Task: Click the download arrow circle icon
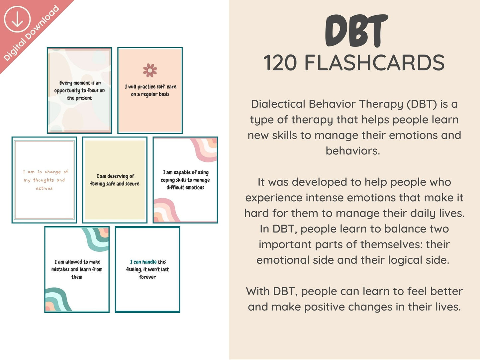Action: pyautogui.click(x=17, y=19)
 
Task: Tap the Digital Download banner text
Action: pyautogui.click(x=31, y=33)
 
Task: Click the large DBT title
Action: pyautogui.click(x=356, y=31)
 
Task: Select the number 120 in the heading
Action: pyautogui.click(x=280, y=63)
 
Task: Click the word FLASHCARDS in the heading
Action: pyautogui.click(x=374, y=63)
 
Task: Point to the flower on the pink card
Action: pyautogui.click(x=150, y=70)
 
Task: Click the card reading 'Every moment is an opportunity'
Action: pyautogui.click(x=79, y=90)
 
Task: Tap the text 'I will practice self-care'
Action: pyautogui.click(x=150, y=87)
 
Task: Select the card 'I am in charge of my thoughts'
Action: pyautogui.click(x=44, y=180)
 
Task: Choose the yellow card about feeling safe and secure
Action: pyautogui.click(x=115, y=180)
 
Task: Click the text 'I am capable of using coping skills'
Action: pyautogui.click(x=185, y=176)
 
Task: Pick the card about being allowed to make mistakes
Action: pyautogui.click(x=77, y=270)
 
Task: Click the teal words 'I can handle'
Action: pyautogui.click(x=144, y=262)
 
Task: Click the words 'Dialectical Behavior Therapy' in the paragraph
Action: pyautogui.click(x=327, y=104)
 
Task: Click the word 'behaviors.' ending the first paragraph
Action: pyautogui.click(x=353, y=151)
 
